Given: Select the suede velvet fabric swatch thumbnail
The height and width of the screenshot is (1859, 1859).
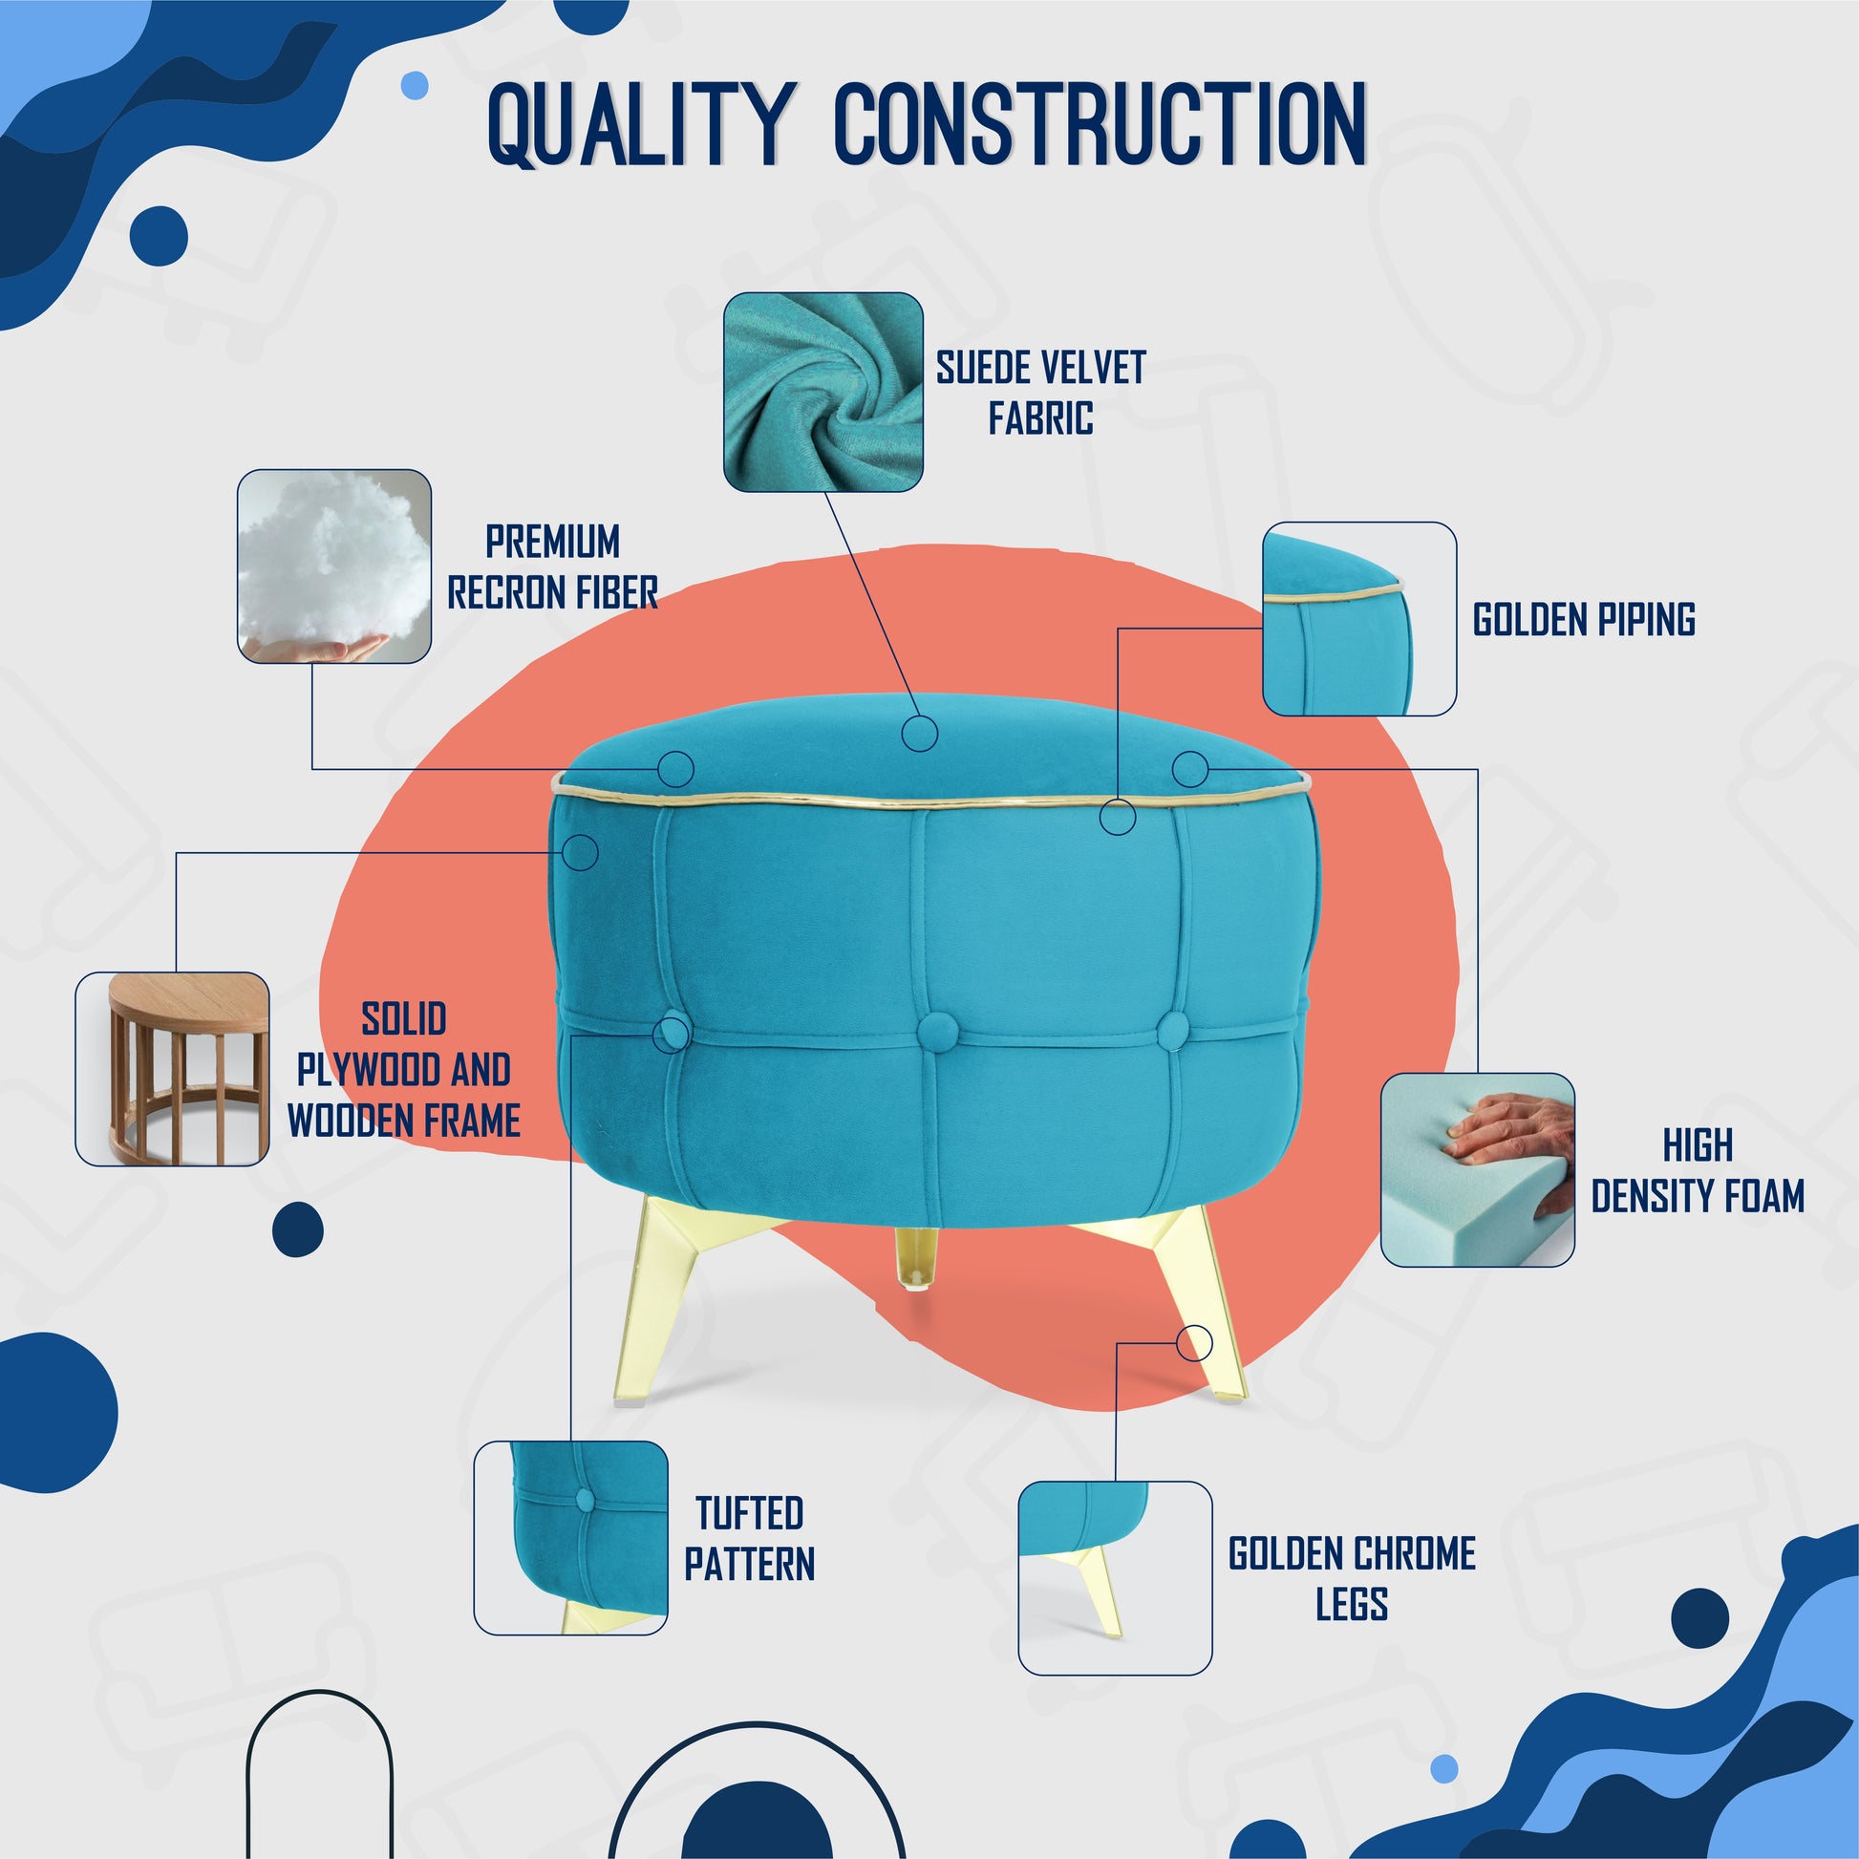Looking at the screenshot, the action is pos(823,393).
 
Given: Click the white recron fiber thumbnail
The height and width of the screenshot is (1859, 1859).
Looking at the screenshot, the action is pos(334,566).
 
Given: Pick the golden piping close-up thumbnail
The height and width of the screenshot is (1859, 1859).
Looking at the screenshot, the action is pos(1358,619).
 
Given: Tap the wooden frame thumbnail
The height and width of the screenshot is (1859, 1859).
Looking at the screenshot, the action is pos(172,1069).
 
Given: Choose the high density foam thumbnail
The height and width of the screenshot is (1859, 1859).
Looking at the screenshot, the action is pos(1478,1170).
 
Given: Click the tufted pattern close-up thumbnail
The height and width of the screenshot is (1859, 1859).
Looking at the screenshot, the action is pos(570,1538).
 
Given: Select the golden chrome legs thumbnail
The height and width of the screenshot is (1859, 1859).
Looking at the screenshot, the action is pos(1115,1578).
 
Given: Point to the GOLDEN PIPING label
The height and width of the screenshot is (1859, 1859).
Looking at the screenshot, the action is pos(1584,620).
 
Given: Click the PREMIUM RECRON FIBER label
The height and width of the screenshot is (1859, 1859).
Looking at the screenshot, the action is pos(552,567).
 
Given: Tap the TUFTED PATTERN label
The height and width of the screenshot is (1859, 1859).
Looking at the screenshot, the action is pos(750,1539).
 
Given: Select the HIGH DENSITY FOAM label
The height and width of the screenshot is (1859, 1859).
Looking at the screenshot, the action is pos(1698,1171).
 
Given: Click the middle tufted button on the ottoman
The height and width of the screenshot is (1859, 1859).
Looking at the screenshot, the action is pos(933,1032).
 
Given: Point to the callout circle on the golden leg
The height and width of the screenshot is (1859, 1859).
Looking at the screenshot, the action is pos(1194,1342).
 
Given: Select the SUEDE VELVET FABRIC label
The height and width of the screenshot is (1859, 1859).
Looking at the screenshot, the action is pos(1041,393).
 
